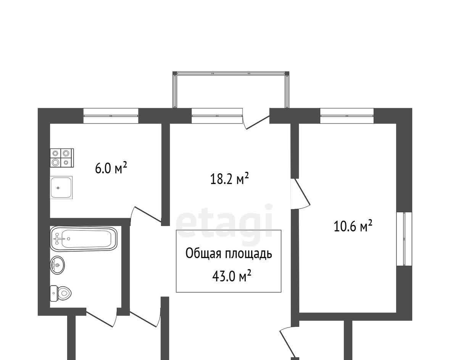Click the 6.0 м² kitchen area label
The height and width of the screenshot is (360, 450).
[111, 168]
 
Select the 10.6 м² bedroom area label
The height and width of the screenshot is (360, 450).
[353, 226]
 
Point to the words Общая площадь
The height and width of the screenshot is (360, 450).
[229, 254]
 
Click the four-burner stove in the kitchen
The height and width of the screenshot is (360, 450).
[62, 158]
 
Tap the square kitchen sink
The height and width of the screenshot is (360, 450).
[61, 187]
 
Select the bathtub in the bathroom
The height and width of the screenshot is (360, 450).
[84, 238]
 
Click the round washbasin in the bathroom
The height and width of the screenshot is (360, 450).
[57, 265]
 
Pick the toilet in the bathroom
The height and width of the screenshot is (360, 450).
[61, 294]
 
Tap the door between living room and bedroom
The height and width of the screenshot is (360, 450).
[301, 193]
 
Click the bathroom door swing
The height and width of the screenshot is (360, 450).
[102, 318]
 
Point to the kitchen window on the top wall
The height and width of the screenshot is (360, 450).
[111, 116]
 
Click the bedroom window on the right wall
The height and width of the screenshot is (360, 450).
[404, 239]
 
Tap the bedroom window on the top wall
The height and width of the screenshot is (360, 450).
[347, 116]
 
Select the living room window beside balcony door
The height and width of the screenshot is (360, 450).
[217, 116]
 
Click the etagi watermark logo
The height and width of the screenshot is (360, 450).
[224, 221]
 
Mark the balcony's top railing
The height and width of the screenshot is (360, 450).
[231, 73]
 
